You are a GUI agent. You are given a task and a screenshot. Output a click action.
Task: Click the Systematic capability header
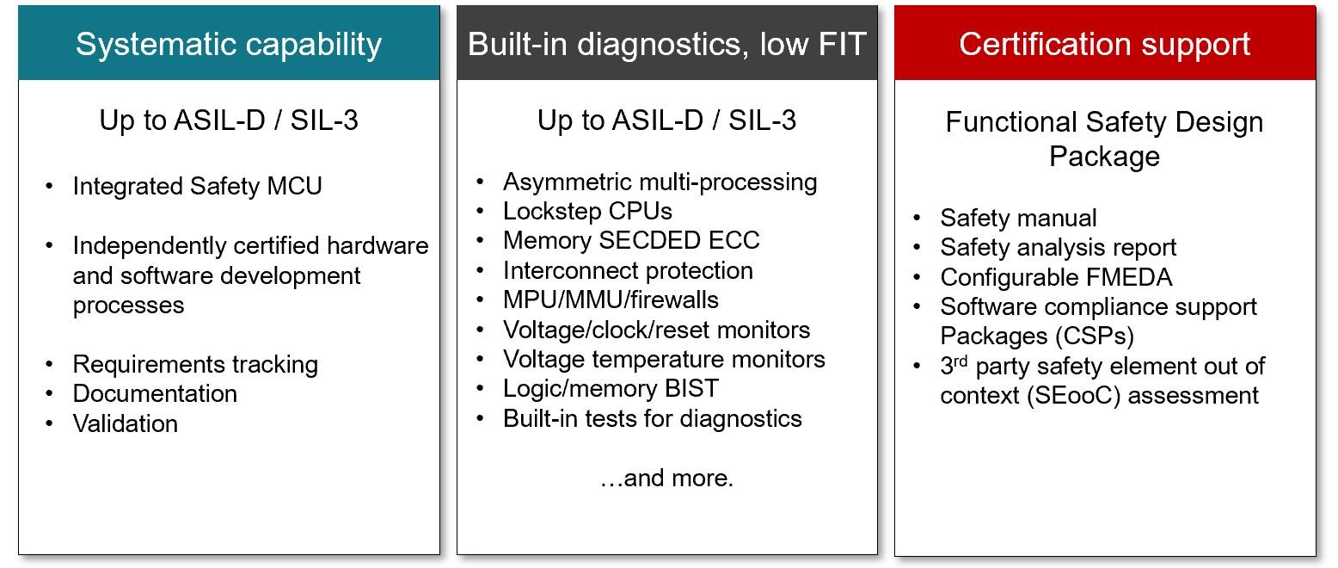[229, 44]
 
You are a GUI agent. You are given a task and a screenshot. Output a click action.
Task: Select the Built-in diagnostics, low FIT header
[666, 44]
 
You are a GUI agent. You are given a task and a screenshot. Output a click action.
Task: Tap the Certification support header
[1104, 44]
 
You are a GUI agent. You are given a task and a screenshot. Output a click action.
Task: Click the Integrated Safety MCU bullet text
[197, 187]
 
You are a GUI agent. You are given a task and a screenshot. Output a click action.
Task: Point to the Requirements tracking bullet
[195, 365]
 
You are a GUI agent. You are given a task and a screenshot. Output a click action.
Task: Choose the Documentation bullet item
[155, 394]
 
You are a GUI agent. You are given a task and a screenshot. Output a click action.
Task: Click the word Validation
[126, 423]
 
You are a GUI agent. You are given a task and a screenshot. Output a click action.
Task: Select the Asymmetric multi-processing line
[660, 182]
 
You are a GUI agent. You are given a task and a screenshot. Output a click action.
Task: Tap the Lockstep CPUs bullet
[587, 212]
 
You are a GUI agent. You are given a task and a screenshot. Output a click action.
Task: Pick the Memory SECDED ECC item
[631, 241]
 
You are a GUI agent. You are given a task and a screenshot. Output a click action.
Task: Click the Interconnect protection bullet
[628, 270]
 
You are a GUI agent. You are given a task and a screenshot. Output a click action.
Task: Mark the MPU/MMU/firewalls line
[611, 300]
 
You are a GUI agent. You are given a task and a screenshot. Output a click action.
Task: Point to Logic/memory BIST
[611, 389]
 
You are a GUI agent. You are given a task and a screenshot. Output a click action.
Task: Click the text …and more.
[666, 478]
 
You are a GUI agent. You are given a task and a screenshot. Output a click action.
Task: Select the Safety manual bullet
[1018, 219]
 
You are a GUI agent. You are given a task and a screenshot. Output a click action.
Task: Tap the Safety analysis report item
[1058, 248]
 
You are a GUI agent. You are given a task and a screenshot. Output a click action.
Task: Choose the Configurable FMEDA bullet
[1056, 278]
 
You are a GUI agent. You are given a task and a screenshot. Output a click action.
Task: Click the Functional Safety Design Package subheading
[1104, 139]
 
